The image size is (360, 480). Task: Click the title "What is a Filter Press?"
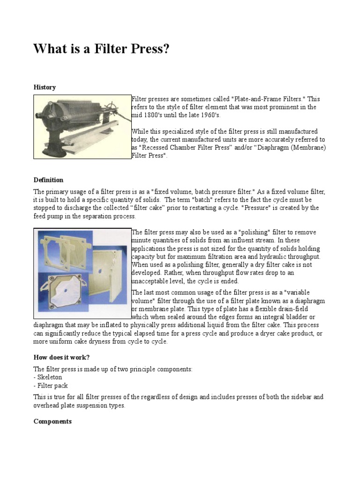(101, 49)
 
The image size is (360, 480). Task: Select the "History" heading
(45, 87)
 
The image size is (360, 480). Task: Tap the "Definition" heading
(48, 180)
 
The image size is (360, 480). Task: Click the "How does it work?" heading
(61, 358)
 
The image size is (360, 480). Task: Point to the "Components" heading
(52, 421)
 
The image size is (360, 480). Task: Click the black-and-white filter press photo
(82, 127)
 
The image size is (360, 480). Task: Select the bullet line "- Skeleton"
(48, 377)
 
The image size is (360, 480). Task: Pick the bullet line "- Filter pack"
(51, 386)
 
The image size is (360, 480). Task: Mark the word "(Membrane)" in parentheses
(307, 148)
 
